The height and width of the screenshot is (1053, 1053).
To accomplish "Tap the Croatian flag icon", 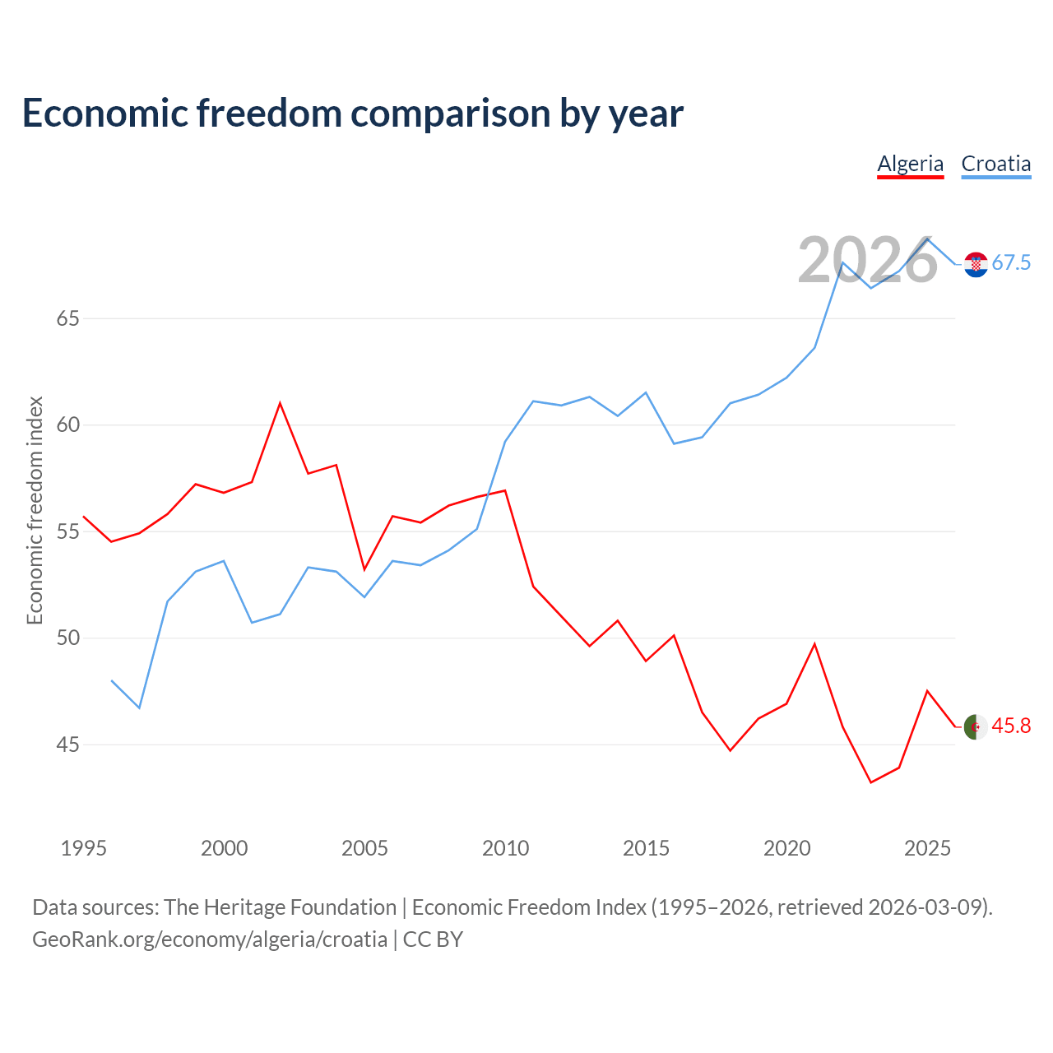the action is [976, 264].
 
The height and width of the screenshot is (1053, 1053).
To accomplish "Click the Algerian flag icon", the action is [976, 726].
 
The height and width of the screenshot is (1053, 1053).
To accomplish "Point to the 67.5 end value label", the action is [1011, 263].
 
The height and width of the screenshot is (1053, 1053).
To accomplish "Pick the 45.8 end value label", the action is [1011, 726].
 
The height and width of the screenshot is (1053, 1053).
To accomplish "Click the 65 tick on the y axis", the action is [68, 318].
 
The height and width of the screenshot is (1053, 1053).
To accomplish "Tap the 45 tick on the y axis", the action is [68, 745].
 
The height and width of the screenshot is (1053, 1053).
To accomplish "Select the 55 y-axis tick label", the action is [68, 531].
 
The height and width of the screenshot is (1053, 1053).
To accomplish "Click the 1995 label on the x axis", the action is [84, 848].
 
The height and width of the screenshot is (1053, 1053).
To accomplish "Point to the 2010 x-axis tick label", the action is [505, 848].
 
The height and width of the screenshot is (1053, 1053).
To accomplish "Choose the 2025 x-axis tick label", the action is [927, 848].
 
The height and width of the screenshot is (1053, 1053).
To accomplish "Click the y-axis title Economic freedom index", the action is [35, 510].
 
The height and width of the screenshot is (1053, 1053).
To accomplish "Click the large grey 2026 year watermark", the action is [868, 260].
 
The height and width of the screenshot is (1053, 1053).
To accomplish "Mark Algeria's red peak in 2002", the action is [280, 403].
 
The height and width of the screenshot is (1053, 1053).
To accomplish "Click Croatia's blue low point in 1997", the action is [139, 707].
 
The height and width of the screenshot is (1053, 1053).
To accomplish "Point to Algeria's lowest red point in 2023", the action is [871, 782].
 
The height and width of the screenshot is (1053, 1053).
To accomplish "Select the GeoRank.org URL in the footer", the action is [210, 939].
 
